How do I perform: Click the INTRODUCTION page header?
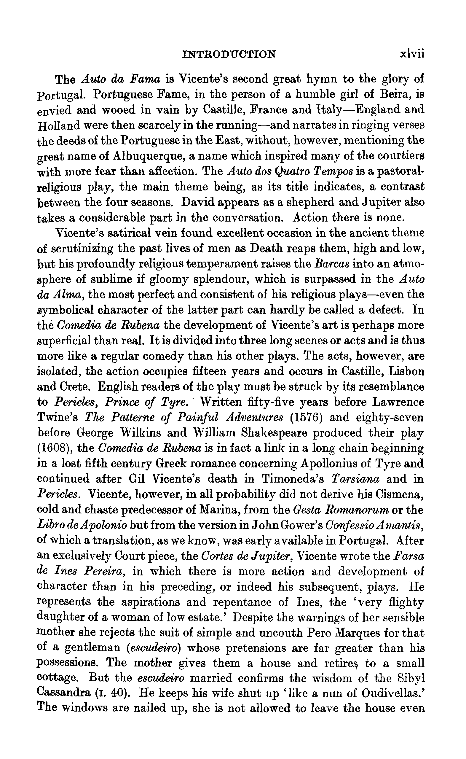(229, 55)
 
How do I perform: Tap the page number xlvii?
(412, 54)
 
